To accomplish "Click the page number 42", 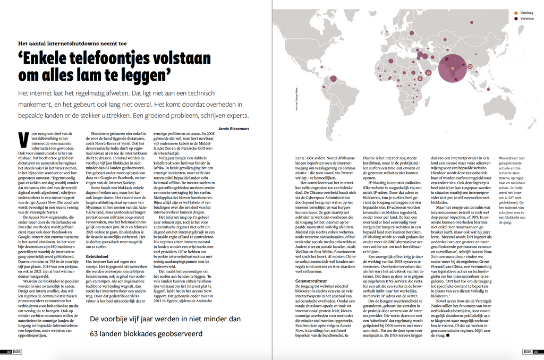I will coord(8,352).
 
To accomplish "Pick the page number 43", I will coord(536,352).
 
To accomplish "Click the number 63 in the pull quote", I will coord(96,334).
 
